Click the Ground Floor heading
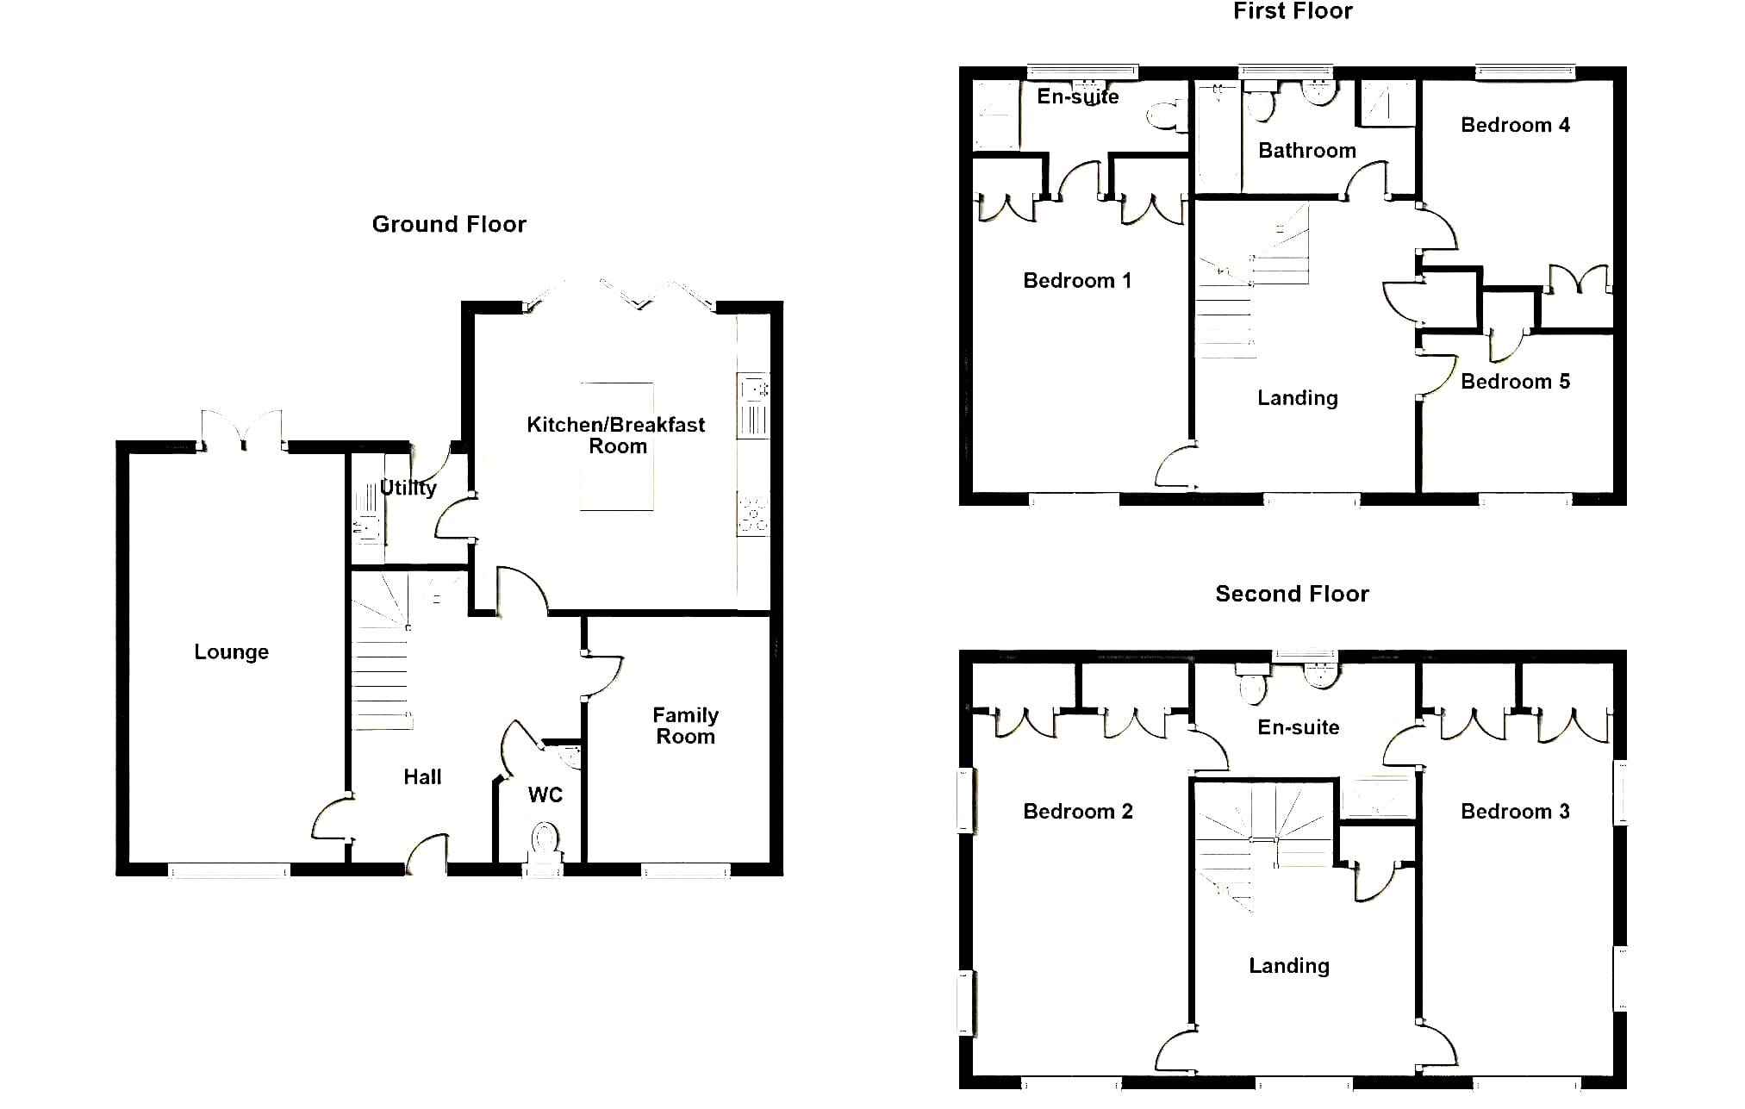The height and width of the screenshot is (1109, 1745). click(x=449, y=225)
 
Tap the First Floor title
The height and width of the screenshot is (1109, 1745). click(x=1293, y=11)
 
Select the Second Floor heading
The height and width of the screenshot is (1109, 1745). click(x=1292, y=594)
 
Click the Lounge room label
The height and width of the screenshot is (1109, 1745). click(x=231, y=652)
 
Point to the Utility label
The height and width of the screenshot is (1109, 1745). click(x=408, y=488)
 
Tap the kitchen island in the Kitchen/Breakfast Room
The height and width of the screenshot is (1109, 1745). click(x=616, y=446)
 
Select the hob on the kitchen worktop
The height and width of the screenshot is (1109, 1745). click(x=753, y=514)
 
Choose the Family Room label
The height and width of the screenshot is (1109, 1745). click(x=685, y=726)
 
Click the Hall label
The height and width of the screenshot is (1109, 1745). click(x=422, y=777)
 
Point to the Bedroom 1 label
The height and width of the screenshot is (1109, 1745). click(x=1077, y=281)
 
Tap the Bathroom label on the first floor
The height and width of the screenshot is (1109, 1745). click(x=1306, y=151)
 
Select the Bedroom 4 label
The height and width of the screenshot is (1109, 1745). click(x=1515, y=126)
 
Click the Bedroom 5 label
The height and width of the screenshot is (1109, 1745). click(x=1515, y=382)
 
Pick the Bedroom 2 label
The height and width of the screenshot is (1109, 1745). click(x=1077, y=812)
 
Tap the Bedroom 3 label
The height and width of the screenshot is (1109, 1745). click(x=1515, y=812)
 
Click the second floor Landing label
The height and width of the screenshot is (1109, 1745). click(x=1289, y=966)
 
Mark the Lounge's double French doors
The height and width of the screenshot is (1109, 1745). click(x=241, y=430)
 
